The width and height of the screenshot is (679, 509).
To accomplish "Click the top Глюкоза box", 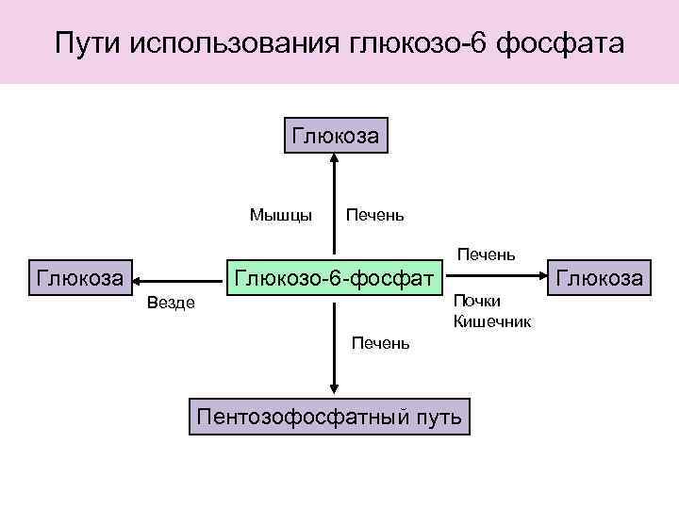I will coord(335,135).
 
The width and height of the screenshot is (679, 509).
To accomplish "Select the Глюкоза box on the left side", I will coord(79,278).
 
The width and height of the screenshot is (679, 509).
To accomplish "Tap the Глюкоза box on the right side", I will coord(601,278).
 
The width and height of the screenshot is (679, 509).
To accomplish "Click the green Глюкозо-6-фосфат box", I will coord(334,278).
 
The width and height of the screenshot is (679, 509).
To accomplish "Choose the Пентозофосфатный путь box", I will coord(328,416).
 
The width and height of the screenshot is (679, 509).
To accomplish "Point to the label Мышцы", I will coord(281,215).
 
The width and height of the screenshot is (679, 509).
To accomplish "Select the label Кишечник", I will coord(491,322).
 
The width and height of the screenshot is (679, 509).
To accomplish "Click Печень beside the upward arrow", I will coord(375,215).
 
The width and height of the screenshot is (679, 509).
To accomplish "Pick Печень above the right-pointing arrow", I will coord(486,254).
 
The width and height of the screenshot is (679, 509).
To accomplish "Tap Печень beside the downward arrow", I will coord(380,343).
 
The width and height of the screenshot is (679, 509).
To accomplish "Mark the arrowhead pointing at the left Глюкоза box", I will coord(138,279).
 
